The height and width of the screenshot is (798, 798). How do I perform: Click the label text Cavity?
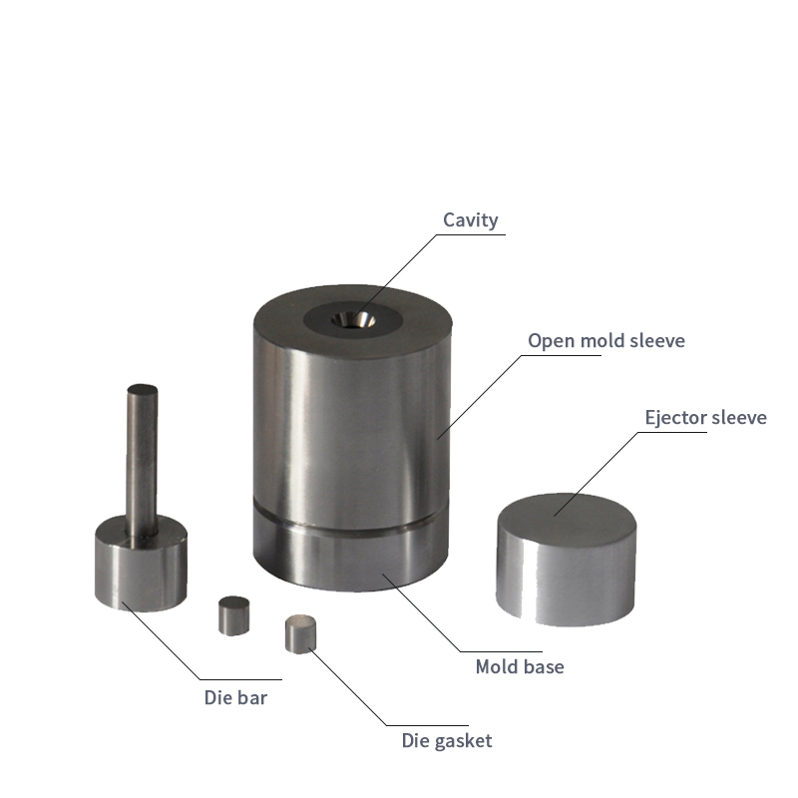click(470, 220)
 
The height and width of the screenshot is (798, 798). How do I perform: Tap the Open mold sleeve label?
click(606, 340)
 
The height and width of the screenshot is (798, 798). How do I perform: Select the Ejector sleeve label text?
click(705, 417)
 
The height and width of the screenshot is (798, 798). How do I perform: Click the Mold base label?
click(520, 666)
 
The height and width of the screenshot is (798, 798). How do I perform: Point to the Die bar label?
click(235, 697)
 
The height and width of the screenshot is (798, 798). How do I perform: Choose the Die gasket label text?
click(447, 741)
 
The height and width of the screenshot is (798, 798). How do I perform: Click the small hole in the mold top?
click(354, 320)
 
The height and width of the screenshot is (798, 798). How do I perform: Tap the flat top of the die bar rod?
click(142, 389)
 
